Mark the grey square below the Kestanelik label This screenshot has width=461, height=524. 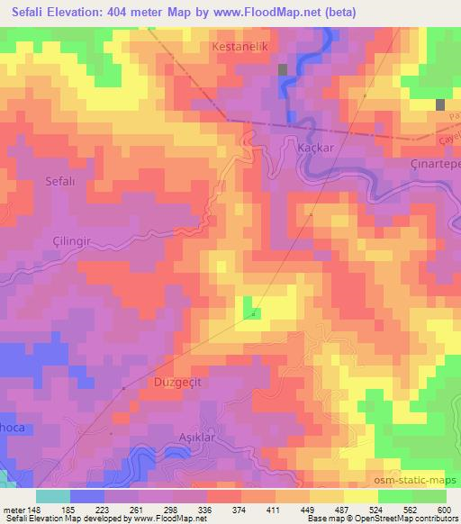coord(284,69)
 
